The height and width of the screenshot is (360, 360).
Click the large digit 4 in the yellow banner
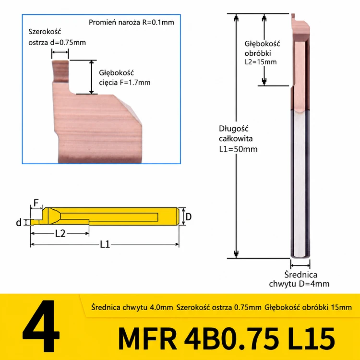[x=41, y=326]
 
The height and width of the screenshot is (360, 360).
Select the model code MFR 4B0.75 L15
[x=226, y=339]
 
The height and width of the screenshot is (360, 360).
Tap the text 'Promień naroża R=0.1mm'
[x=132, y=23]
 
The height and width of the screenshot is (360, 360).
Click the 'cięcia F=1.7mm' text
[x=125, y=83]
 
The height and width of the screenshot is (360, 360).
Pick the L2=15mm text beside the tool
[x=261, y=62]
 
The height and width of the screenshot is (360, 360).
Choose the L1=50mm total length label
[x=238, y=149]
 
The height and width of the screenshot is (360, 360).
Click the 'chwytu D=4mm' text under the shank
[x=299, y=284]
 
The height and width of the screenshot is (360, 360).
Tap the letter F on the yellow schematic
[x=36, y=203]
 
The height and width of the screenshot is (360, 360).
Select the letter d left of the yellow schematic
[x=19, y=222]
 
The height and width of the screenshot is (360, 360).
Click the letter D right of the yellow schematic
[x=189, y=216]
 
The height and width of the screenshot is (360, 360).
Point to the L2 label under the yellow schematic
[x=60, y=233]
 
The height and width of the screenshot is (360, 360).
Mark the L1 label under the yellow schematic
[x=105, y=244]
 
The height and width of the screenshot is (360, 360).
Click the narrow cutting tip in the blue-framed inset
[x=60, y=71]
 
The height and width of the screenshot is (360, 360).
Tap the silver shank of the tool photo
[x=300, y=184]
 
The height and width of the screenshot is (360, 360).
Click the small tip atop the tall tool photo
[x=293, y=16]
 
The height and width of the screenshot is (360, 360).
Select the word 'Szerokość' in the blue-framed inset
[x=45, y=32]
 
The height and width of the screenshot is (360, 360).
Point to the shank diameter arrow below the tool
[x=300, y=265]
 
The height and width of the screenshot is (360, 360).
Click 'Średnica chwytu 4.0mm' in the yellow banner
[x=132, y=307]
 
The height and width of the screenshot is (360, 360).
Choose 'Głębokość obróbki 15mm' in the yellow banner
[x=308, y=307]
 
